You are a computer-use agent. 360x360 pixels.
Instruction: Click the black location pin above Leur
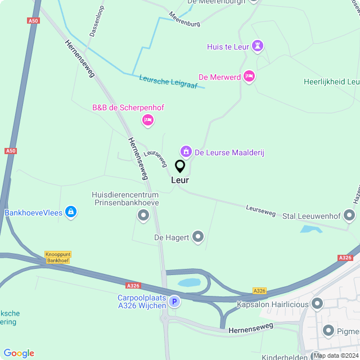point(180,166)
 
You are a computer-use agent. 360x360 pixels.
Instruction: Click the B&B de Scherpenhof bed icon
point(148,119)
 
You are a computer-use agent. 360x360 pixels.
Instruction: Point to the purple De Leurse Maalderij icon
point(186,151)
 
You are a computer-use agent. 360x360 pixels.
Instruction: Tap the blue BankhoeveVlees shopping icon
point(71,212)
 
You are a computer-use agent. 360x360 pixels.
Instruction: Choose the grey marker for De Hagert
point(198,237)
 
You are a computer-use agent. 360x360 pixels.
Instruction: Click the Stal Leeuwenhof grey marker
point(349,215)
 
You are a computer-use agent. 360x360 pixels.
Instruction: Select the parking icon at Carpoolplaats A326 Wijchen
point(174,302)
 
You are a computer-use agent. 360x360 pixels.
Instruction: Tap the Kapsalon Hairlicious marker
point(317,304)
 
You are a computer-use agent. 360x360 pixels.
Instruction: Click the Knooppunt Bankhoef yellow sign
point(58,257)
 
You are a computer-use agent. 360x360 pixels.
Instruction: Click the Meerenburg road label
point(184,21)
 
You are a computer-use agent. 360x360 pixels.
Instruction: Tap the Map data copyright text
point(336,355)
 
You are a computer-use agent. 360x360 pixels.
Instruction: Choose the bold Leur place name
point(180,181)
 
